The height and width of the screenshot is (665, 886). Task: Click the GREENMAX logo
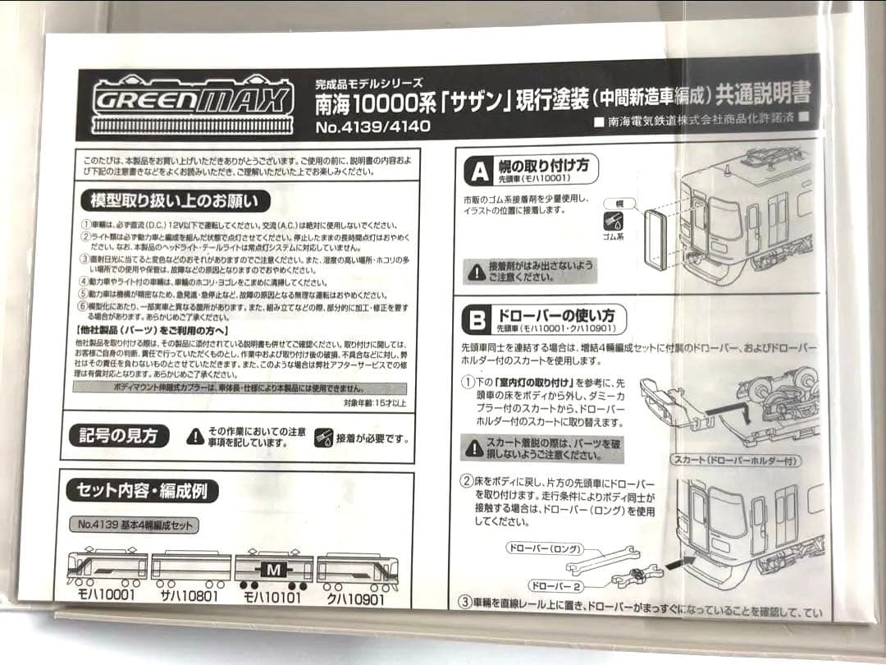pyautogui.click(x=193, y=103)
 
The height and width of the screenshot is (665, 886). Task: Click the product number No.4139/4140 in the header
pyautogui.click(x=372, y=127)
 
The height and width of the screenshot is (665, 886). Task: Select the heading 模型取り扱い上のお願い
pyautogui.click(x=175, y=200)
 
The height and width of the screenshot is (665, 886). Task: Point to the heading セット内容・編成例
pyautogui.click(x=141, y=491)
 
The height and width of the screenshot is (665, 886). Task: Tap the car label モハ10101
pyautogui.click(x=273, y=598)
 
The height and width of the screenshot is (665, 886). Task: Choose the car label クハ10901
pyautogui.click(x=357, y=598)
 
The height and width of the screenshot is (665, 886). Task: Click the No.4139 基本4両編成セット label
pyautogui.click(x=134, y=525)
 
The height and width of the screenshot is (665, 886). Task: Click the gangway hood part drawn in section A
pyautogui.click(x=657, y=238)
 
